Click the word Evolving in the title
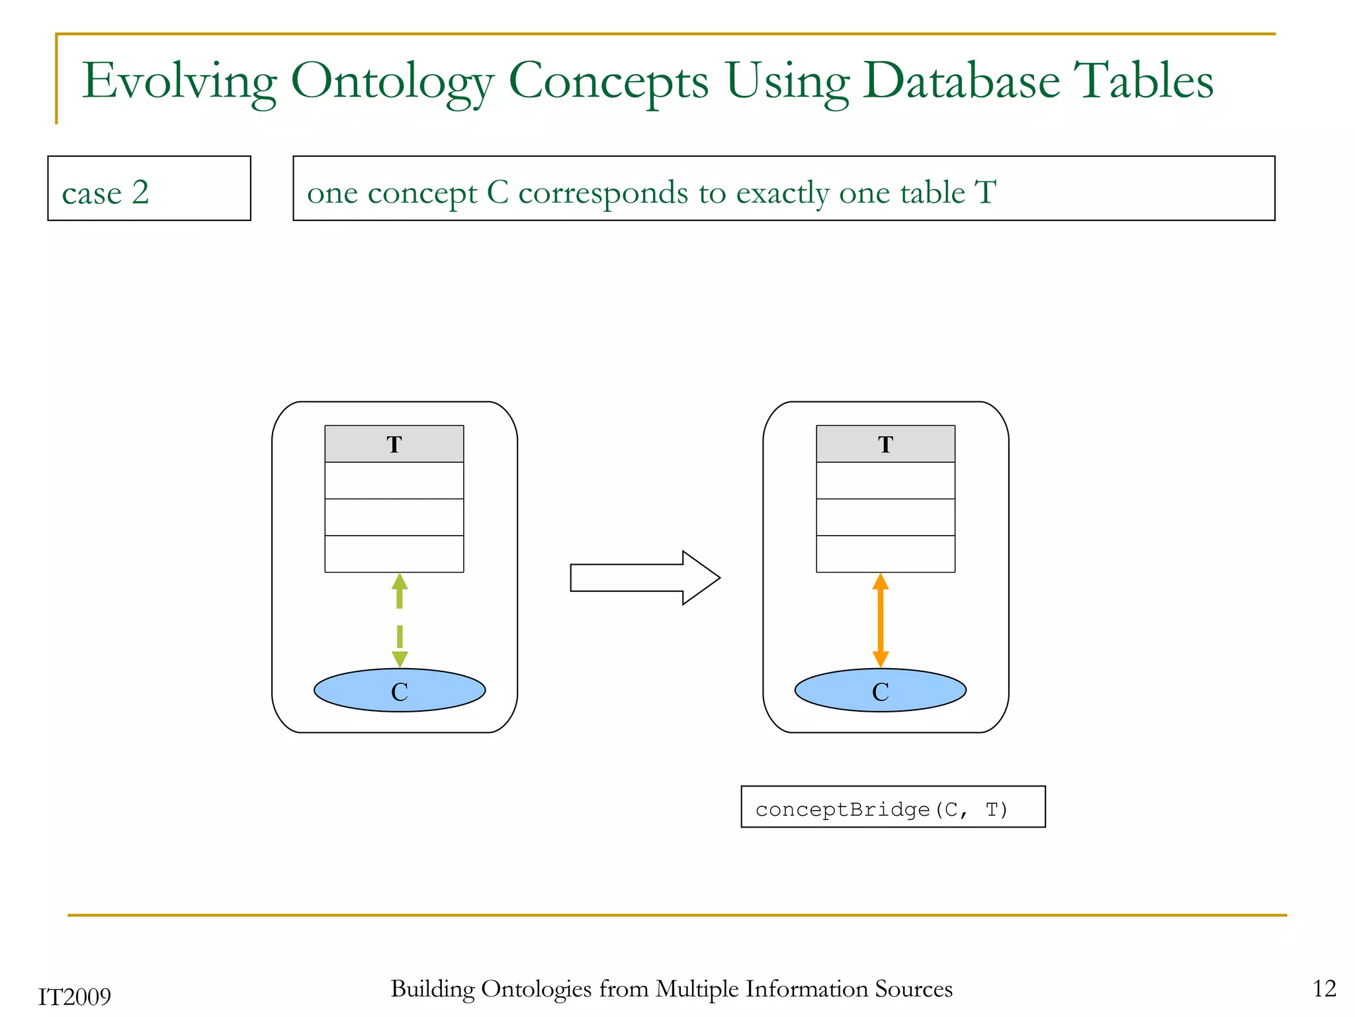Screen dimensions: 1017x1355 [x=179, y=81]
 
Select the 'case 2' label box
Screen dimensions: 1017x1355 [x=149, y=189]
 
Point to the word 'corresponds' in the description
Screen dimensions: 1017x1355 [x=603, y=193]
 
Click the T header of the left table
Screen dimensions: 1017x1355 [x=394, y=444]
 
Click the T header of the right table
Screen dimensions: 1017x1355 [x=885, y=444]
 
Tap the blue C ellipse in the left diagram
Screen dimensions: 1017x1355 [x=400, y=691]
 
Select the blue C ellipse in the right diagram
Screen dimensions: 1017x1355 [x=880, y=691]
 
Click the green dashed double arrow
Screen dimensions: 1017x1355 [x=400, y=620]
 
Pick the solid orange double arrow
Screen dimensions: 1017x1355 [x=880, y=620]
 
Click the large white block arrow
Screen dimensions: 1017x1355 [x=644, y=577]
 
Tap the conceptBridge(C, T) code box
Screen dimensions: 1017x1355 [x=893, y=807]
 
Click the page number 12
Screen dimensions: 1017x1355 [x=1325, y=989]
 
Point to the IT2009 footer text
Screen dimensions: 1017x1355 [x=75, y=996]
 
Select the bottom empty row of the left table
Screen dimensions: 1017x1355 [x=394, y=554]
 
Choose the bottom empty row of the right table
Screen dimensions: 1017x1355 [x=885, y=554]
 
